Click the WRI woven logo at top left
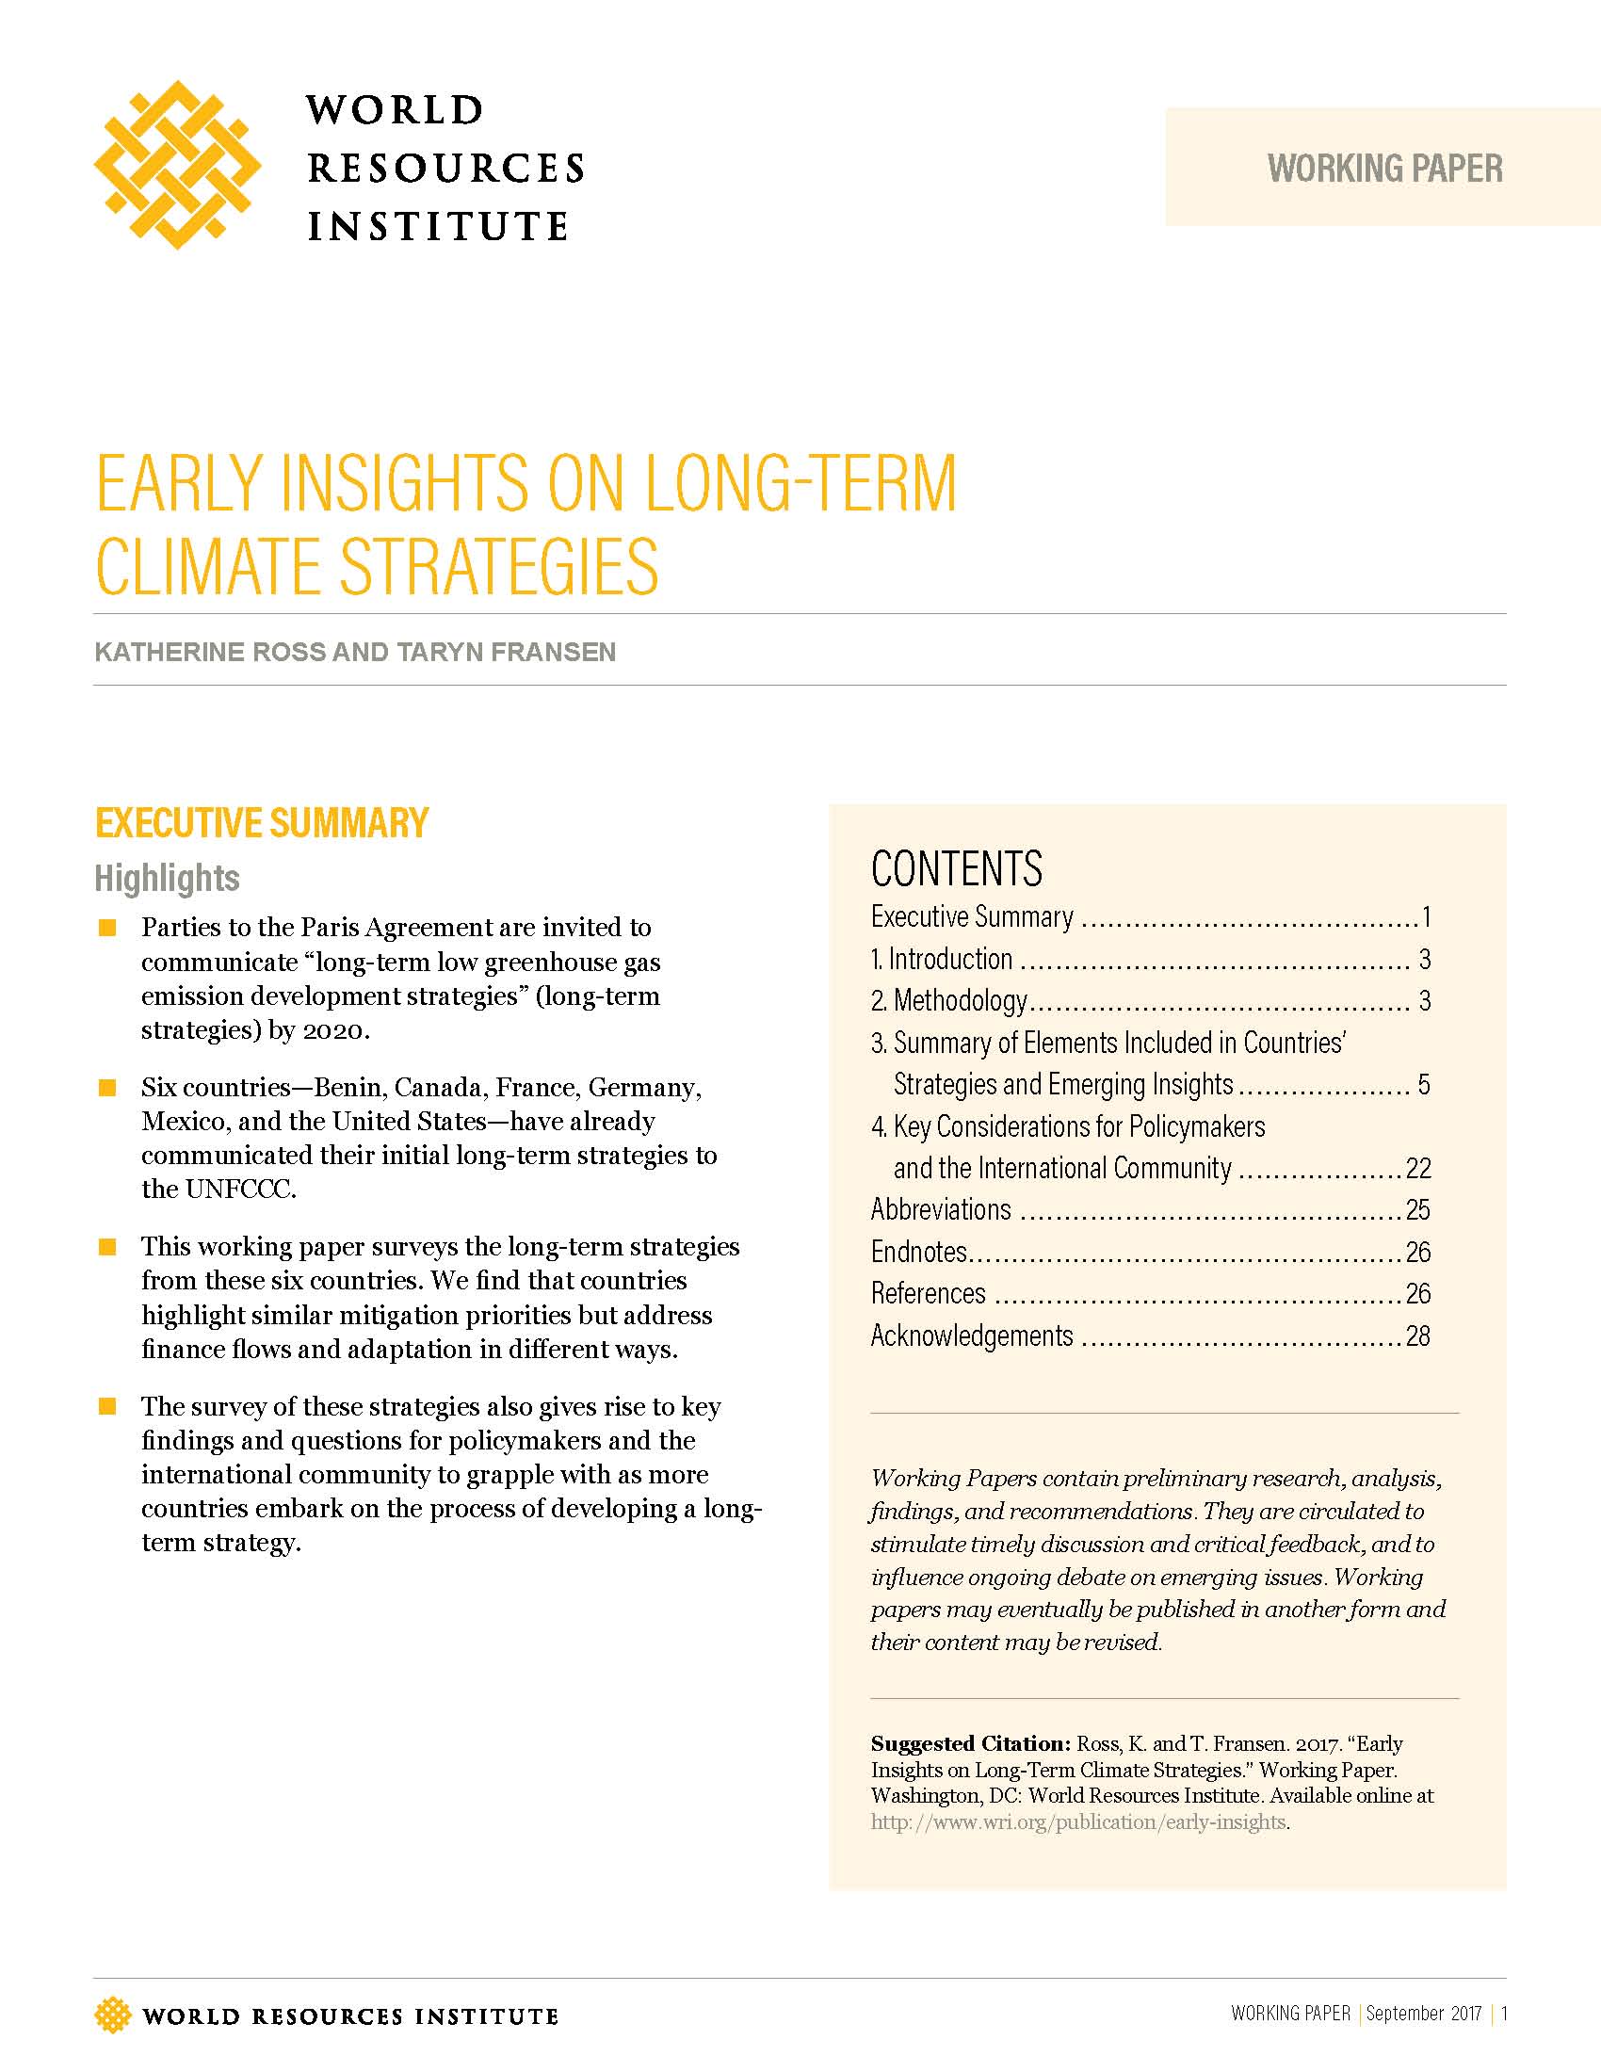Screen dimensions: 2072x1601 (x=177, y=165)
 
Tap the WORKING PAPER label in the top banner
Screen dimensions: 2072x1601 (x=1384, y=168)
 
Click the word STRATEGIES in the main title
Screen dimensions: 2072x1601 (x=498, y=566)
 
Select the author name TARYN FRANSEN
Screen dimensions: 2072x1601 (x=507, y=653)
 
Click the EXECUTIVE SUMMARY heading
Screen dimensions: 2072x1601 (x=262, y=822)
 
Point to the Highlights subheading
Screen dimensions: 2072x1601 (x=167, y=879)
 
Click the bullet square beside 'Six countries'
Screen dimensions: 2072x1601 (x=107, y=1087)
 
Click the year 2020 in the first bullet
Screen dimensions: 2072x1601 (x=335, y=1030)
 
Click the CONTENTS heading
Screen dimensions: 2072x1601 (x=956, y=868)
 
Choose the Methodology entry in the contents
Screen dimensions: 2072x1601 (x=960, y=1001)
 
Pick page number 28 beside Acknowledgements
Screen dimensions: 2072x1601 (x=1417, y=1335)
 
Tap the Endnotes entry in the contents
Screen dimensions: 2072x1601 (x=918, y=1253)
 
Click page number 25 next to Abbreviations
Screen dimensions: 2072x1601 (x=1417, y=1209)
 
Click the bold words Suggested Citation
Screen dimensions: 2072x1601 (x=969, y=1743)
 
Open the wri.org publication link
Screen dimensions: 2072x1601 (x=1079, y=1822)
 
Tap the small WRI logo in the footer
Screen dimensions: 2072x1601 (x=113, y=2015)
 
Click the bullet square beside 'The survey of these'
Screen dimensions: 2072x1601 (x=107, y=1407)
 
